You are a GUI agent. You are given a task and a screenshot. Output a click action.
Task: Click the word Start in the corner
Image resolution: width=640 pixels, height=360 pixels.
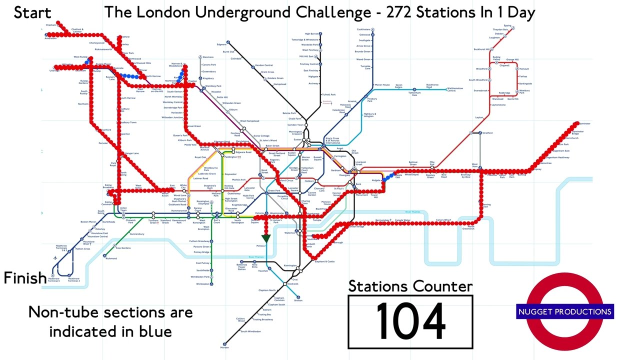click(32, 12)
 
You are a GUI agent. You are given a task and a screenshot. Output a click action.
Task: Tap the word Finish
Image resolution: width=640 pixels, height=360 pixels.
click(25, 278)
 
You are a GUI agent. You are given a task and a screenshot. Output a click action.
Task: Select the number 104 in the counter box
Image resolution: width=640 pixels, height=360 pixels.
click(410, 322)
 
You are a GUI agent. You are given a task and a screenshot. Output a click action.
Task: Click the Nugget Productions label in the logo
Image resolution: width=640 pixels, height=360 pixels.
click(564, 312)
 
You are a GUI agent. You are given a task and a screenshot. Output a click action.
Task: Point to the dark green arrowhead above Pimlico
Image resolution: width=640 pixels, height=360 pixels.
click(266, 237)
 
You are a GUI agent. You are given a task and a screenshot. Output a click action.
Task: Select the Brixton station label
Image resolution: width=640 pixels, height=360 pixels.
click(298, 300)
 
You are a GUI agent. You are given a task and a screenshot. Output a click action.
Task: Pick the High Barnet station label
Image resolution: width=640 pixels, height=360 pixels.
click(311, 34)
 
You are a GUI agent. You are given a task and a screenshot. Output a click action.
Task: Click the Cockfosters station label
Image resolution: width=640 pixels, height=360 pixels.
click(363, 29)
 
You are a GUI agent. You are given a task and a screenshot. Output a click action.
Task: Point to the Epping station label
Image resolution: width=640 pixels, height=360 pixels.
click(507, 25)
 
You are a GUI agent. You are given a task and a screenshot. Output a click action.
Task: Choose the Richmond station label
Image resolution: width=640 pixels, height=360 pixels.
click(111, 258)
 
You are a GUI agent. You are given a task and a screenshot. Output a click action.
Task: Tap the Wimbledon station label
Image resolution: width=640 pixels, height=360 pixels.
click(202, 284)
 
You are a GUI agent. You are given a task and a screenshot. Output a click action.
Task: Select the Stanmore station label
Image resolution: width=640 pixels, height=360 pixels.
click(208, 57)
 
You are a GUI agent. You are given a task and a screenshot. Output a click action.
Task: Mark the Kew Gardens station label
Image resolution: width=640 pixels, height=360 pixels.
click(123, 248)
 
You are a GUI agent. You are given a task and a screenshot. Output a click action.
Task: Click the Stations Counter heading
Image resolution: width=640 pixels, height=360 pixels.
click(410, 286)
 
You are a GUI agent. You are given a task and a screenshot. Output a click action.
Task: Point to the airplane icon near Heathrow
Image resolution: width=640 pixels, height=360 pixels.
click(54, 258)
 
